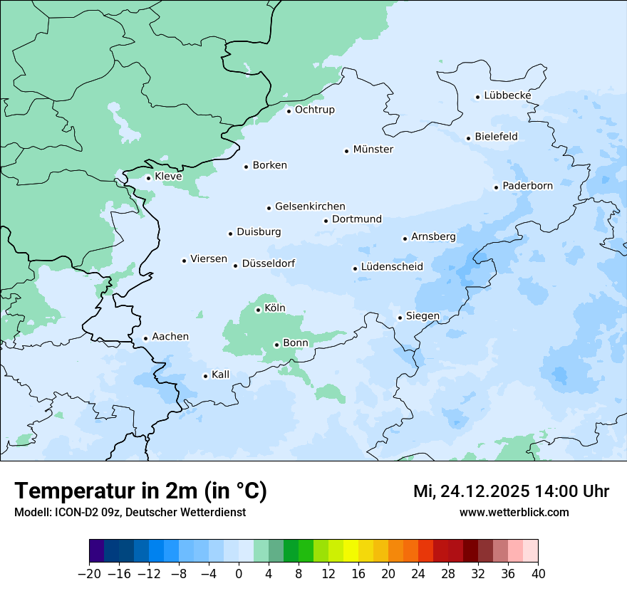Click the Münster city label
tap(373, 150)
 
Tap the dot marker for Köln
tap(258, 310)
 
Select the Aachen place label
tap(170, 337)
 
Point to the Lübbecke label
tap(507, 95)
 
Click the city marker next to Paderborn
tap(496, 187)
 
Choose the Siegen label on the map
tap(423, 316)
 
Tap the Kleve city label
tap(168, 177)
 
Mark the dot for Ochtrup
tap(289, 110)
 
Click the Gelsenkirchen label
tap(310, 206)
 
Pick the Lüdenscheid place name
tap(392, 267)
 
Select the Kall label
tap(221, 375)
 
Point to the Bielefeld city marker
tap(468, 138)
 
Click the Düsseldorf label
tap(269, 263)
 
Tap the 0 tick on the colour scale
tap(239, 574)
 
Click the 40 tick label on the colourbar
tap(538, 574)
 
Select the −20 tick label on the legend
tap(88, 574)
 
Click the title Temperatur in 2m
tap(140, 491)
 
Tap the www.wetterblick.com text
tap(514, 512)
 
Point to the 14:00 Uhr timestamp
tap(570, 491)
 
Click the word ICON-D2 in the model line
tap(73, 512)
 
